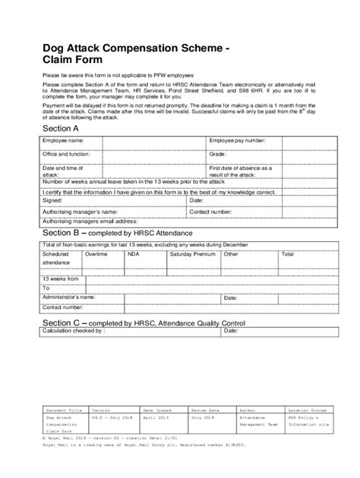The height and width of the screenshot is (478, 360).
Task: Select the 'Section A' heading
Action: tap(62, 130)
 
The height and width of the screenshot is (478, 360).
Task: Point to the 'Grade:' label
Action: tap(219, 154)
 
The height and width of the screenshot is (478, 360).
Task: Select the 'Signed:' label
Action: tap(54, 203)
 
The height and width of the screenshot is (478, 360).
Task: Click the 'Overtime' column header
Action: tap(96, 255)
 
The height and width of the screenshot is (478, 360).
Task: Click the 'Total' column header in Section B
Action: tap(287, 255)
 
